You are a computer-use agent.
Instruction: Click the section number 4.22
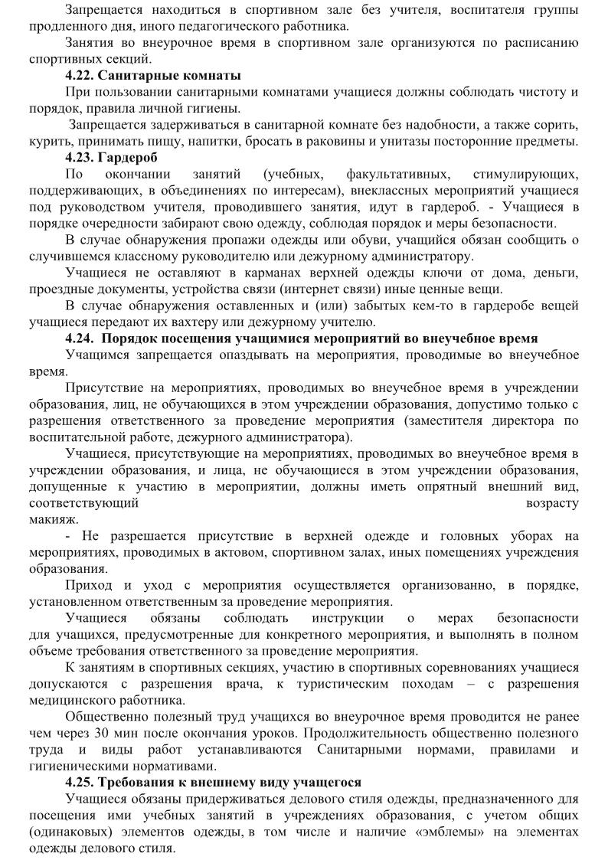(80, 75)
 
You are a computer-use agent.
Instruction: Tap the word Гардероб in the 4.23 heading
(130, 158)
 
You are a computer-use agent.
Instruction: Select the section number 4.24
(80, 338)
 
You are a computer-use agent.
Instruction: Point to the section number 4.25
(80, 783)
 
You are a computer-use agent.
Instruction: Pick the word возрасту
(552, 503)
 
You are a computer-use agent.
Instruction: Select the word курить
(47, 142)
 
